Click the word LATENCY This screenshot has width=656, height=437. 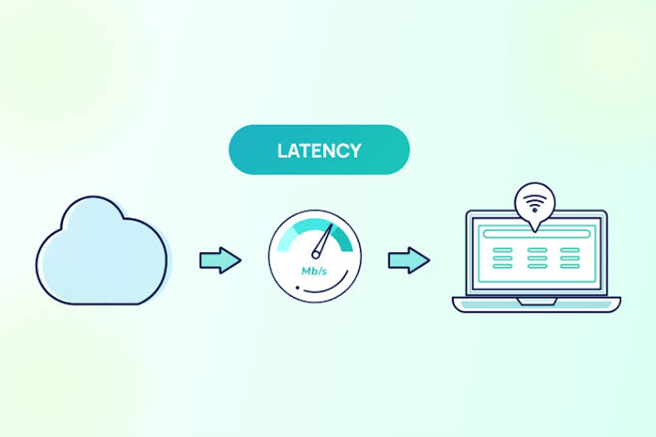pyautogui.click(x=319, y=151)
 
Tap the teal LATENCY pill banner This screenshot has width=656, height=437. pyautogui.click(x=319, y=149)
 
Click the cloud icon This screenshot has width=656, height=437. pyautogui.click(x=103, y=251)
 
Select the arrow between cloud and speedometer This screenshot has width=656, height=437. pyautogui.click(x=220, y=260)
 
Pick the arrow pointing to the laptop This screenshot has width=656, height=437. pyautogui.click(x=409, y=260)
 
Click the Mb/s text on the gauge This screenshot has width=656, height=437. pyautogui.click(x=314, y=271)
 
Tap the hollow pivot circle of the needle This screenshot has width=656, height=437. pyautogui.click(x=316, y=254)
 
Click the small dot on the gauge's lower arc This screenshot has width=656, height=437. pyautogui.click(x=297, y=288)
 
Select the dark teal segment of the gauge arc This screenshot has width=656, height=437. pyautogui.click(x=341, y=237)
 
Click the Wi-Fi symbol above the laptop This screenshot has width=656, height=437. pyautogui.click(x=535, y=203)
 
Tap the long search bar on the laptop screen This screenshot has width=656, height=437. pyautogui.click(x=536, y=234)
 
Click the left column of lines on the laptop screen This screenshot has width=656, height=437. pyautogui.click(x=502, y=258)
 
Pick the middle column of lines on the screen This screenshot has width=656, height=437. pyautogui.click(x=537, y=258)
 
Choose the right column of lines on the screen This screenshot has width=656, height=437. pyautogui.click(x=570, y=258)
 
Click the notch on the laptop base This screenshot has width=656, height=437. pyautogui.click(x=536, y=301)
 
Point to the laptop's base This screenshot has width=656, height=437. pyautogui.click(x=536, y=304)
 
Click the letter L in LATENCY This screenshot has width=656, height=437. pyautogui.click(x=283, y=151)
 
